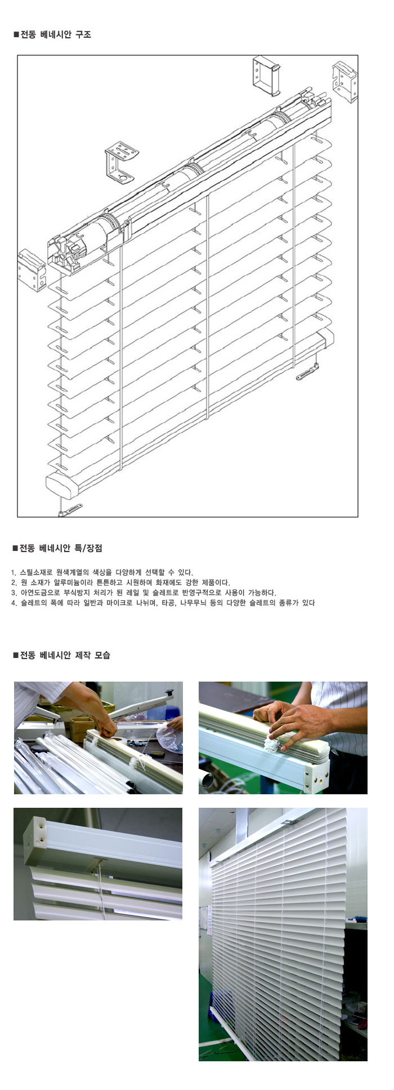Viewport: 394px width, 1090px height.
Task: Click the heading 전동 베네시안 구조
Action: coord(55,34)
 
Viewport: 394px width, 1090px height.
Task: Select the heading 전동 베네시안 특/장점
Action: coord(61,548)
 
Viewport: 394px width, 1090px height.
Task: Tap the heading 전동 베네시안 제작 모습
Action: coord(65,655)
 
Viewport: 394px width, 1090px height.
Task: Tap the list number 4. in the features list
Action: coord(14,603)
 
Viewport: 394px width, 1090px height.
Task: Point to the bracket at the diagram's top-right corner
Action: coord(344,82)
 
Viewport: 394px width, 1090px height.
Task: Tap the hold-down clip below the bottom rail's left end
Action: coord(68,510)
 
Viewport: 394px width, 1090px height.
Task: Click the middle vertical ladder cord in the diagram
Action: coord(208,307)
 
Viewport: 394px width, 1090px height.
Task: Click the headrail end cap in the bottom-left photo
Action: coord(35,842)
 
